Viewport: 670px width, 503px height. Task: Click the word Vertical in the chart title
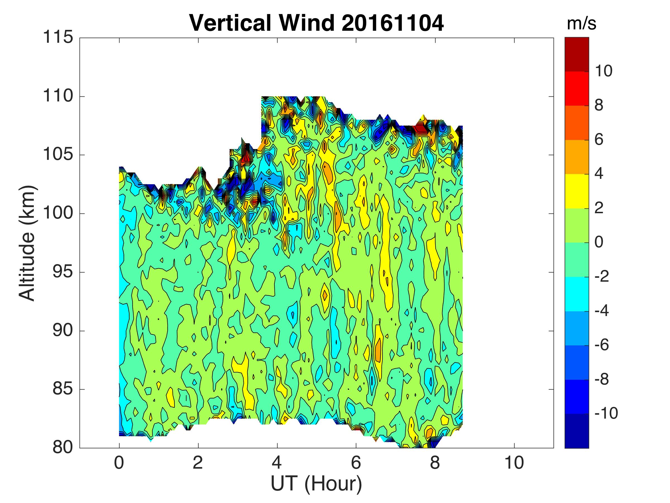pos(230,23)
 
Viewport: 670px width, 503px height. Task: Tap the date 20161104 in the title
pos(393,23)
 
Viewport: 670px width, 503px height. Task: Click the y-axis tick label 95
pos(63,272)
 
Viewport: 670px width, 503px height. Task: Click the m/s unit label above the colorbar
pos(582,24)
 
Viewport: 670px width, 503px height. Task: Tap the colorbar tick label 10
pos(603,71)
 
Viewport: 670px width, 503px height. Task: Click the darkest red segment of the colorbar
pos(577,54)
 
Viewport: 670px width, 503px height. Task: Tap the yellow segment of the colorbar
pos(577,191)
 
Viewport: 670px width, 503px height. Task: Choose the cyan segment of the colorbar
pos(577,294)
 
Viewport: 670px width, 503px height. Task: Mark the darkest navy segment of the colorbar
pos(577,431)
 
